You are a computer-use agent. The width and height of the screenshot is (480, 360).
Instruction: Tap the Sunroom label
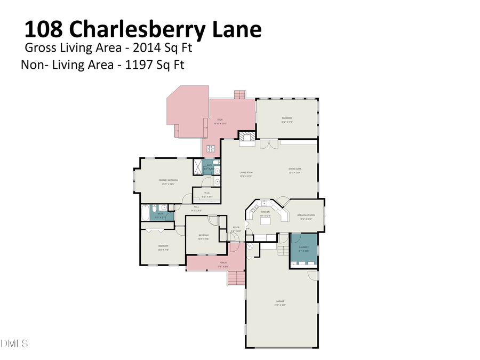click(287, 118)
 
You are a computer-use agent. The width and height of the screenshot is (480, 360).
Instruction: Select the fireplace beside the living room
click(246, 139)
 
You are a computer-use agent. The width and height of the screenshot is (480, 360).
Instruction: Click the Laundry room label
click(304, 247)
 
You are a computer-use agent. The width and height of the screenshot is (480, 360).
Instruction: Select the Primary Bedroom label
click(168, 180)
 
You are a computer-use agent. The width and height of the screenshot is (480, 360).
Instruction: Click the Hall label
click(196, 206)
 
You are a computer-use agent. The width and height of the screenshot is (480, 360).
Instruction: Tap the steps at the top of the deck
click(240, 94)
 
